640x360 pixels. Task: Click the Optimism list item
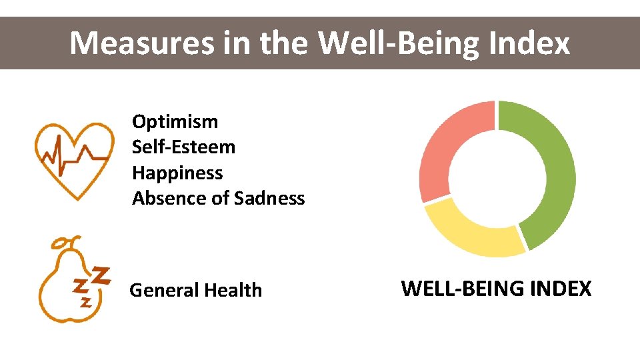(175, 121)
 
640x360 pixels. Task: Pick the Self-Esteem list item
(183, 147)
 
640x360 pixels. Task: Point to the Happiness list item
(177, 173)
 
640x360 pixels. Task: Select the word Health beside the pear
(233, 290)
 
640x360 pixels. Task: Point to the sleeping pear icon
(70, 283)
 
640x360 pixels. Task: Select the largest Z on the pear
(100, 275)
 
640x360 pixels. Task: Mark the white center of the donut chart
(497, 179)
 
